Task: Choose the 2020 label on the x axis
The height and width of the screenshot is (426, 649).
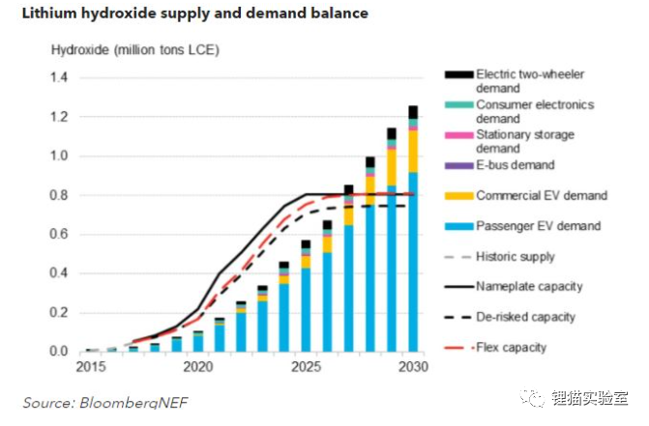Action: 198,368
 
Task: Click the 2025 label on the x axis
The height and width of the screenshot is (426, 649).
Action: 307,368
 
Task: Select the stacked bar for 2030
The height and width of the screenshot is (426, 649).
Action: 414,232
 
